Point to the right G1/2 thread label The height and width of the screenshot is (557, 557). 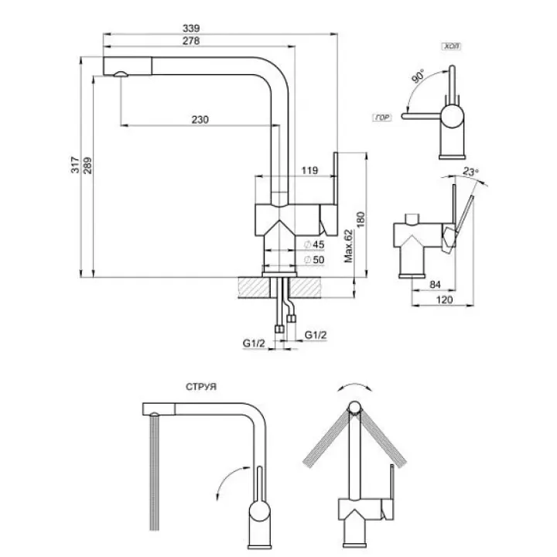tap(315, 335)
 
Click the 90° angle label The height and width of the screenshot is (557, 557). tap(419, 77)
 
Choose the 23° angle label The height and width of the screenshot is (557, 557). tap(470, 173)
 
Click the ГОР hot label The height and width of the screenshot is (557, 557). tap(381, 118)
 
